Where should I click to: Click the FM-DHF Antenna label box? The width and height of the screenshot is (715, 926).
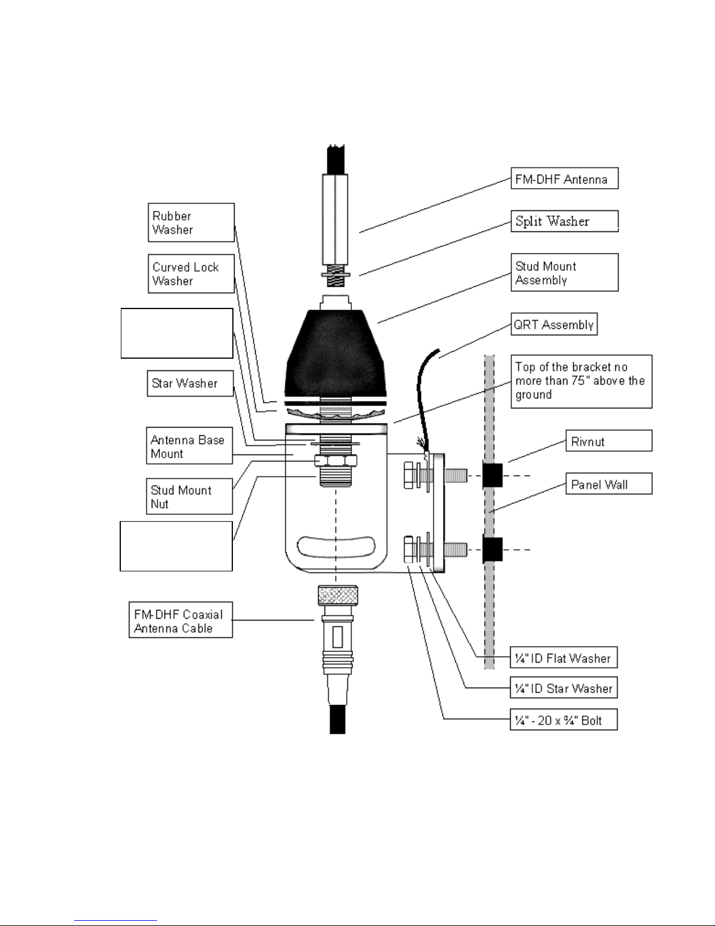(564, 178)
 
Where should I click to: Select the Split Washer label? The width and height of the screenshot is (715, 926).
(564, 221)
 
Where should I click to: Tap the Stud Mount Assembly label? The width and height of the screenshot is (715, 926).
(564, 273)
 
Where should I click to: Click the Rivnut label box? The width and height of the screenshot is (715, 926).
(609, 441)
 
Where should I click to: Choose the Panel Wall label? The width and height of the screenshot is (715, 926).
(609, 484)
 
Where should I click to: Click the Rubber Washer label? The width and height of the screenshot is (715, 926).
(191, 223)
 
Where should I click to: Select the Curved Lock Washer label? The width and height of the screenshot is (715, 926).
(191, 273)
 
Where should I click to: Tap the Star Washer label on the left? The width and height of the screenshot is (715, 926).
(190, 383)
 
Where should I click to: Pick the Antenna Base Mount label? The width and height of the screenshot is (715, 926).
(189, 446)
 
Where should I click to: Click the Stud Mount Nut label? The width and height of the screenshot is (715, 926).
(189, 497)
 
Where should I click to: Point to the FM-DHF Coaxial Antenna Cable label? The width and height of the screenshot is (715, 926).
(180, 620)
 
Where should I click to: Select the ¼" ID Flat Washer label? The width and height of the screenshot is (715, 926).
(563, 657)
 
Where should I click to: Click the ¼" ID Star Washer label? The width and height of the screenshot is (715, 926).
(563, 688)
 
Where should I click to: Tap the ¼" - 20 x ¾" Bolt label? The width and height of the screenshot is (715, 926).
(563, 720)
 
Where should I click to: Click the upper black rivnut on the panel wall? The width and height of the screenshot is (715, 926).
(493, 474)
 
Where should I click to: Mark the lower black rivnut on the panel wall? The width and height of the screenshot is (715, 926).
(493, 550)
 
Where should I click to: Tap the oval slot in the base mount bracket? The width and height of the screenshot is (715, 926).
(336, 547)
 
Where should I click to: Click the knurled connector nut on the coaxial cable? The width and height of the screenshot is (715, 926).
(337, 595)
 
